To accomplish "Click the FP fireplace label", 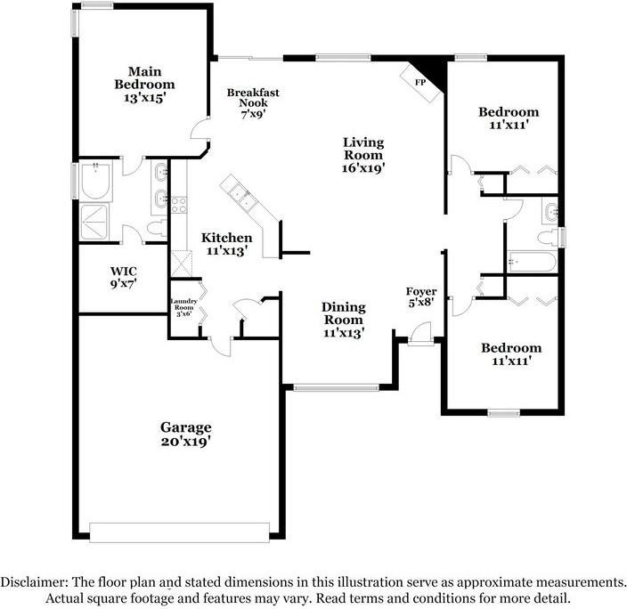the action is click(419, 83).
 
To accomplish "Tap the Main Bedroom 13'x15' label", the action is click(145, 85).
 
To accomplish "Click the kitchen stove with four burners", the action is click(179, 205).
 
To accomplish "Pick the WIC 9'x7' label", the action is click(124, 278).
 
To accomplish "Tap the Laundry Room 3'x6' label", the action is click(184, 307).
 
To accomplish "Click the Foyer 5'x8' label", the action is click(421, 297).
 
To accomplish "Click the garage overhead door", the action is click(179, 532).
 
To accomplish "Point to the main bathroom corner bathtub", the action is click(96, 181).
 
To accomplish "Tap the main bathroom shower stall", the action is click(94, 222).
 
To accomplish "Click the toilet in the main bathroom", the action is click(157, 228).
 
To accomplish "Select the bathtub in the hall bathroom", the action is click(533, 262).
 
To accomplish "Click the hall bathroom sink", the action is click(550, 210).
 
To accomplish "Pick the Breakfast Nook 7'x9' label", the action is click(253, 103).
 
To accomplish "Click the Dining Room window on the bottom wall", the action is click(337, 387).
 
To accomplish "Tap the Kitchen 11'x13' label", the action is click(227, 244).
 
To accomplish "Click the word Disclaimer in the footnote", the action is click(33, 581).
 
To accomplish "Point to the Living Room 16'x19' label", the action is click(363, 155).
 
